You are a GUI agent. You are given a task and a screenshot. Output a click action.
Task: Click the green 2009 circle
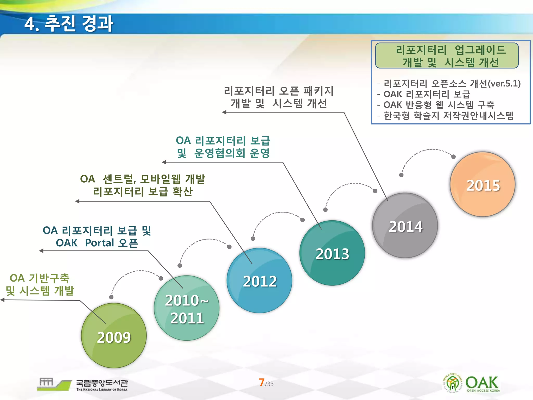(x=114, y=336)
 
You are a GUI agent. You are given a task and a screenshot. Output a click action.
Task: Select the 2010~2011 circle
(x=187, y=308)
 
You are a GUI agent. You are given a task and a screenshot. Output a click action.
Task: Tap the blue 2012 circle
(x=259, y=281)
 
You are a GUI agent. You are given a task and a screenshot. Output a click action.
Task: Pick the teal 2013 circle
(x=332, y=253)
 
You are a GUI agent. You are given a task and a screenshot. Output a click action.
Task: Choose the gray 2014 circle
(x=405, y=226)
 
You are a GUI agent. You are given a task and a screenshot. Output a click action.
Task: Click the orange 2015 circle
(x=483, y=185)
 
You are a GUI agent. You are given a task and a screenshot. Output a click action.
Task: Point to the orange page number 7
(x=262, y=382)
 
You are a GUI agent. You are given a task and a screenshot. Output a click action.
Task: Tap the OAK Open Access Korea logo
(x=471, y=383)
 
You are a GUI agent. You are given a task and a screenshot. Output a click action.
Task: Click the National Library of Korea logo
(x=83, y=384)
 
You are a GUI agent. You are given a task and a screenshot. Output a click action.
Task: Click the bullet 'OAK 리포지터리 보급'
(x=427, y=94)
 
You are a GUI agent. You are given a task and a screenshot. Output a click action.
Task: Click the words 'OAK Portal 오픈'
(x=97, y=243)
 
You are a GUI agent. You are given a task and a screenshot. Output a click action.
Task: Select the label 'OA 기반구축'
(x=40, y=278)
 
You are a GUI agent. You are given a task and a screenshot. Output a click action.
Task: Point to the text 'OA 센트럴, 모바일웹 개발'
(x=143, y=179)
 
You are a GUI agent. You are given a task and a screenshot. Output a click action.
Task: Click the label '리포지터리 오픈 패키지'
(x=279, y=91)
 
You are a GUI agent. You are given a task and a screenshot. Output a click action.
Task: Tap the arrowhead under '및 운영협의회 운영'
(x=164, y=162)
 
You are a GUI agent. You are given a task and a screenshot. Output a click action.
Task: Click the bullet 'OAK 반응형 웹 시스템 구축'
(x=439, y=105)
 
